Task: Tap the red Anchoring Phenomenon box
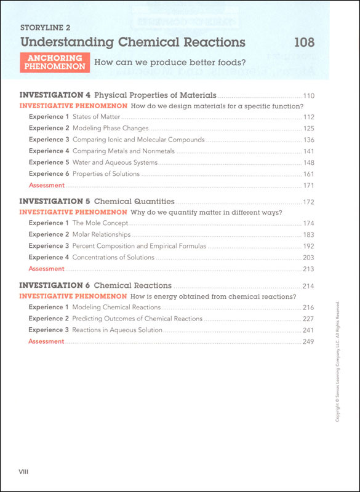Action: [x=55, y=62]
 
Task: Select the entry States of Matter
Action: [x=95, y=117]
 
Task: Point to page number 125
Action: [x=308, y=129]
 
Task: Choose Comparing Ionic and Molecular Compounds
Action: [x=138, y=140]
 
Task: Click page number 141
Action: [x=308, y=151]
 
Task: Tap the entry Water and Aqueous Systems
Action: [x=114, y=162]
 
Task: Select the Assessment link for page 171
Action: [x=46, y=185]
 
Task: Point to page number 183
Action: [x=308, y=235]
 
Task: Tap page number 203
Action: [x=308, y=258]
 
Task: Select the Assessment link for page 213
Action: [x=46, y=269]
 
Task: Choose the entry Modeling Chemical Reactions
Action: [x=116, y=307]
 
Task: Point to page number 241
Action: [x=308, y=330]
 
